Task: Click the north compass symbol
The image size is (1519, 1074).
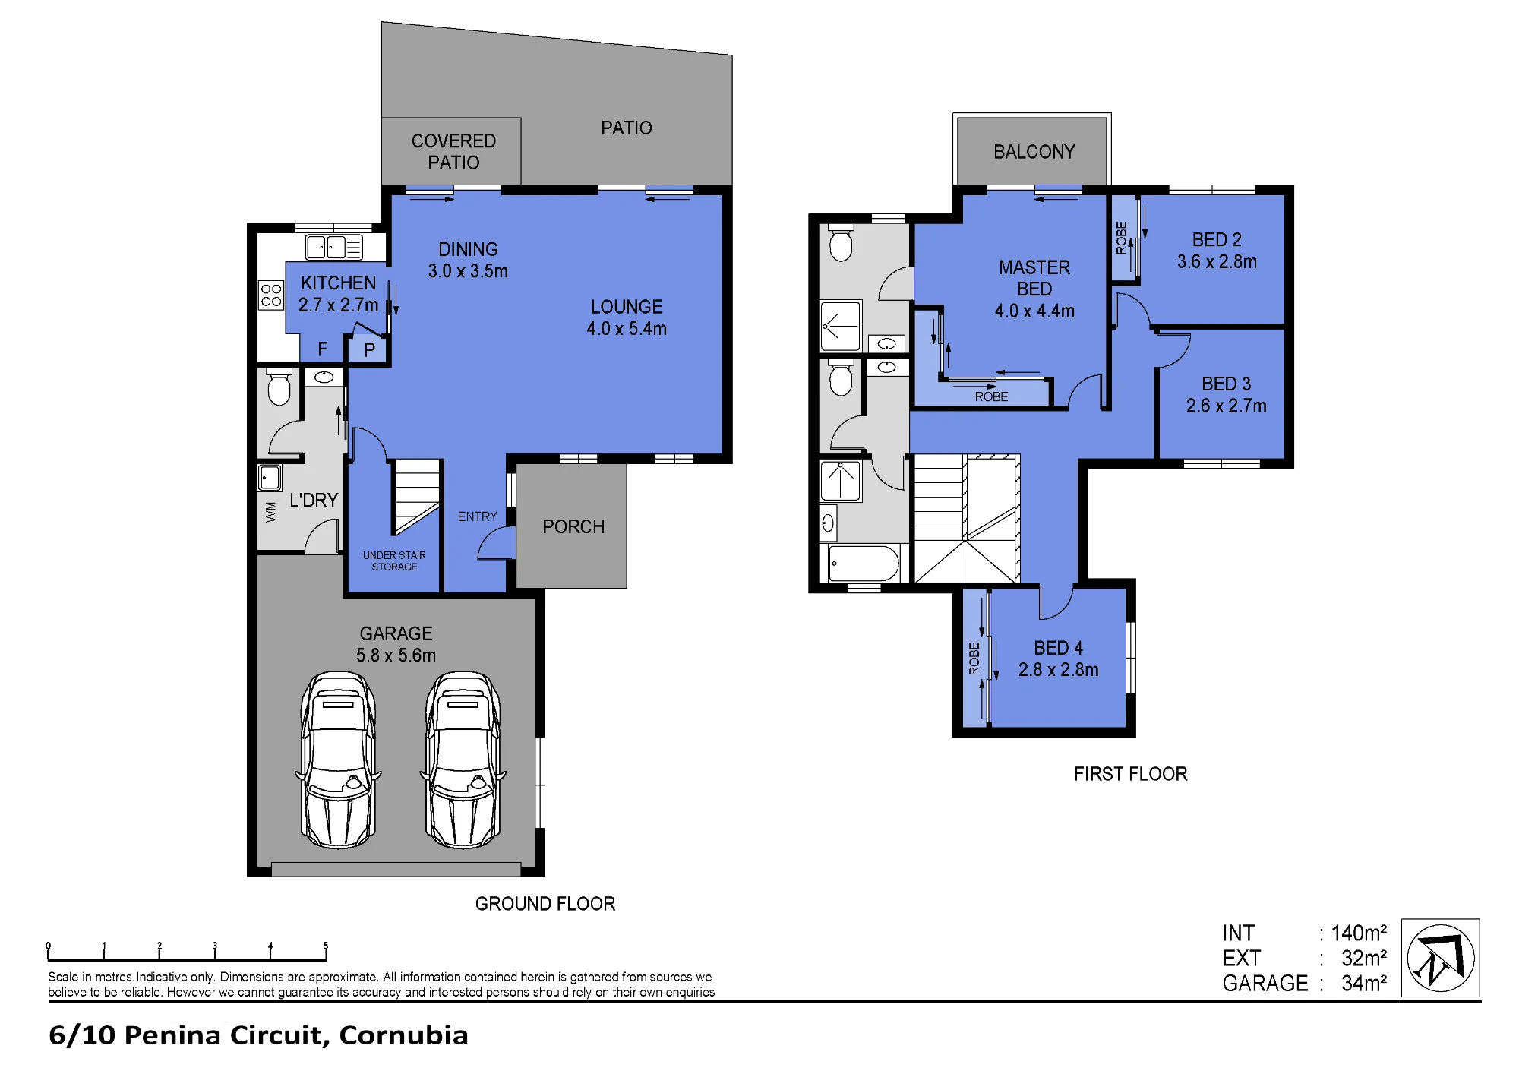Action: tap(1441, 958)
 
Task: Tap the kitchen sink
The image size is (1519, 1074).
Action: tap(334, 247)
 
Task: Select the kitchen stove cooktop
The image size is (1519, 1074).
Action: tap(271, 295)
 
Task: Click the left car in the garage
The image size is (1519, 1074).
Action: tap(338, 760)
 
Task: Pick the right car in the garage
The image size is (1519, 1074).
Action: tap(463, 760)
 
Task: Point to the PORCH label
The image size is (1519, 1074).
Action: tap(573, 526)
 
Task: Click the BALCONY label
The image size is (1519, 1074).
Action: tap(1034, 152)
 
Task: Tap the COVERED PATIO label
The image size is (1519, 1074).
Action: tap(453, 152)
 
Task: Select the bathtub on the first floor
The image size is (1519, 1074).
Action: tap(864, 564)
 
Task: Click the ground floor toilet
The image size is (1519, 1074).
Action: tap(279, 388)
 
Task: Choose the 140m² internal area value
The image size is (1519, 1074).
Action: tap(1359, 933)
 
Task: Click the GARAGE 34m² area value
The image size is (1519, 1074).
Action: tap(1364, 983)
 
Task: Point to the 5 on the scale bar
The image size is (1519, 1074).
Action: tap(326, 946)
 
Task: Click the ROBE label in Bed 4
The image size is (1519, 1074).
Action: tap(974, 659)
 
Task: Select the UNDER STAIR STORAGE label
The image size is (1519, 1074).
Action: tap(394, 561)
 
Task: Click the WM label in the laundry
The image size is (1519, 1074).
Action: tap(271, 512)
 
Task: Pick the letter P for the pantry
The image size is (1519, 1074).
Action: tap(369, 350)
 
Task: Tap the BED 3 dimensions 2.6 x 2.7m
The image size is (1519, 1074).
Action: tap(1227, 406)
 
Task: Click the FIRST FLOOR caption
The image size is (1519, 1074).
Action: tap(1131, 774)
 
